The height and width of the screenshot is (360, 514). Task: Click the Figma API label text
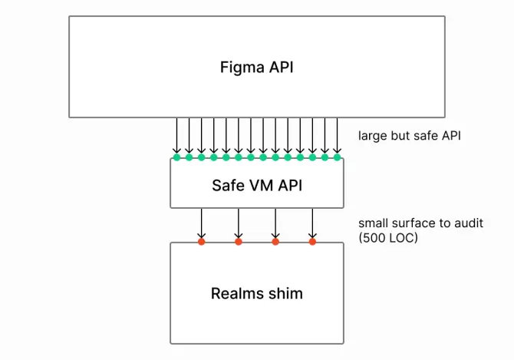[x=256, y=67]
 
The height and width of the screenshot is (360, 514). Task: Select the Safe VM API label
[x=256, y=184]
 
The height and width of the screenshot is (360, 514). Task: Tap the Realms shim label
[x=256, y=293]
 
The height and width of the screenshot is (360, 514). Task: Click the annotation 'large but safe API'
[x=408, y=137]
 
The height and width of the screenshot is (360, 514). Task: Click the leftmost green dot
[x=176, y=157]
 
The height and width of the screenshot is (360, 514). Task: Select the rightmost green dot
[x=337, y=157]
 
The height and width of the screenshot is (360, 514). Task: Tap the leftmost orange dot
[x=201, y=242]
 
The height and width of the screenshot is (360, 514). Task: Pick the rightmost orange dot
[x=312, y=242]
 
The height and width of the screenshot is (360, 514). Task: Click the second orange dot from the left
[x=239, y=242]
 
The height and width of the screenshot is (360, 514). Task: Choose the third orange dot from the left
[x=275, y=242]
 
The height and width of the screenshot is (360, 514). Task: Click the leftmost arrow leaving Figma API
[x=176, y=136]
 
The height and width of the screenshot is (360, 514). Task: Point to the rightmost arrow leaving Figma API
[x=337, y=136]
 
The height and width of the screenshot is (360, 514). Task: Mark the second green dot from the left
[x=189, y=157]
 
